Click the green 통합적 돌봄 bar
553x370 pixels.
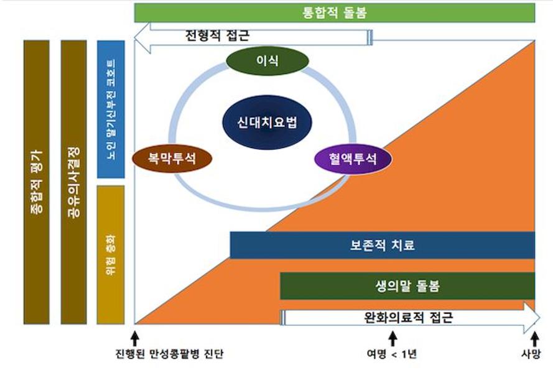[335, 13]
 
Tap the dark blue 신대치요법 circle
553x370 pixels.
[259, 122]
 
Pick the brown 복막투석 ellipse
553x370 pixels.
[172, 158]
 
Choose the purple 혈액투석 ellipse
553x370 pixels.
[353, 158]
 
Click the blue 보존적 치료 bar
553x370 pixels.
[382, 245]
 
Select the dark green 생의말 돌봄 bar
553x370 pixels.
[407, 286]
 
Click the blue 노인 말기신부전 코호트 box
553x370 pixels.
[111, 109]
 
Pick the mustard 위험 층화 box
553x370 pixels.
[111, 254]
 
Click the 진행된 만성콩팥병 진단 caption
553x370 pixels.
[169, 354]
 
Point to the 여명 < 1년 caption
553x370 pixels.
[392, 354]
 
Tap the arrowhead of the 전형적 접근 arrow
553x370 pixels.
[142, 34]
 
